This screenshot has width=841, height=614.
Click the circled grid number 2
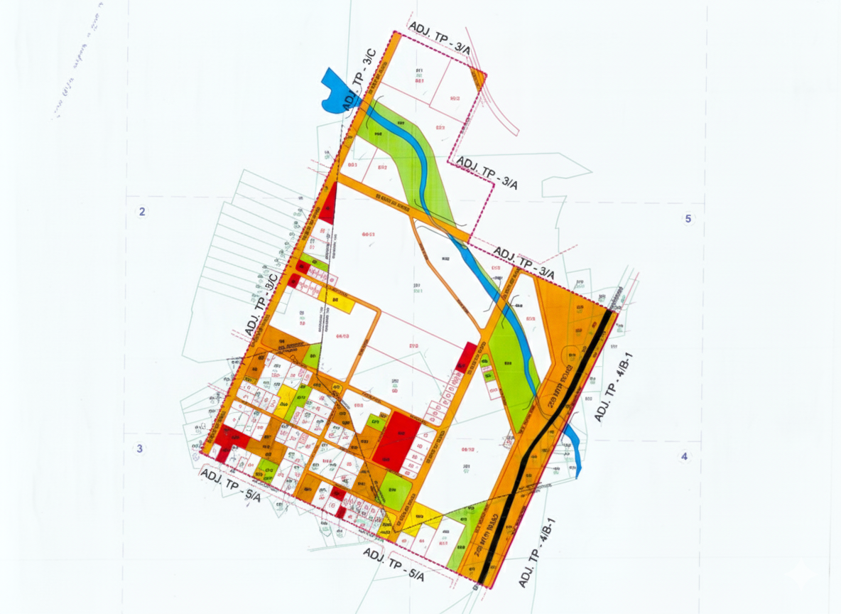coord(142,211)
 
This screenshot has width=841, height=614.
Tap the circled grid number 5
coord(688,218)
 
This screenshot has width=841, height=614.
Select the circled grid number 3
coord(140,448)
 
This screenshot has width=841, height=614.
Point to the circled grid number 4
coord(685,456)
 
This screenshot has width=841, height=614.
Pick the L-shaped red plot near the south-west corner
coord(229,438)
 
